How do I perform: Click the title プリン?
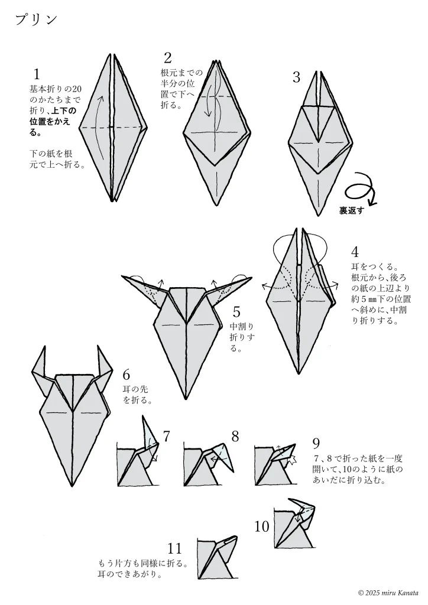coord(36,19)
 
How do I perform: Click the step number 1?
coord(37,74)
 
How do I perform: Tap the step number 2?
coord(167,58)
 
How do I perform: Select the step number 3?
coord(296,77)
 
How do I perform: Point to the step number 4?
coord(355,252)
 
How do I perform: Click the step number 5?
coord(236,312)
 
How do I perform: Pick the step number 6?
coord(126,375)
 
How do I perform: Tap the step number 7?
coord(166,437)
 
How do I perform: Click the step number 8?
coord(235,437)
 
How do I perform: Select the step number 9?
coord(316,444)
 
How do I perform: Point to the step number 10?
coord(262,526)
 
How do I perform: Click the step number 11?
coord(174,548)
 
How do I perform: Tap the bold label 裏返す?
coord(352,211)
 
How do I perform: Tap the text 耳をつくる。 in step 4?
coord(374,266)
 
